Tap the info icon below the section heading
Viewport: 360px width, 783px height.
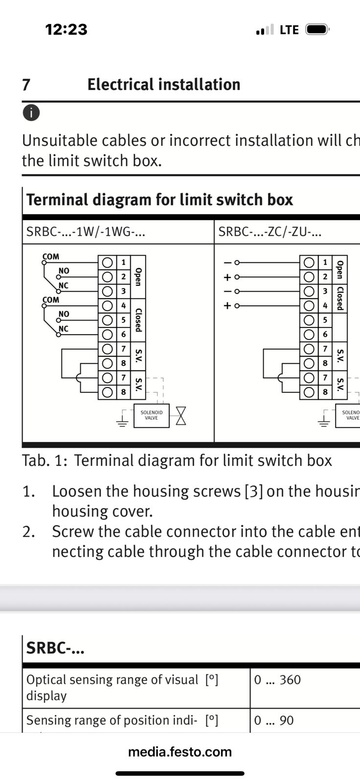(31, 113)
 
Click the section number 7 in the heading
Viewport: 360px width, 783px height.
(26, 85)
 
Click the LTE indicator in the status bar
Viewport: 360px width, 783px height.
(289, 30)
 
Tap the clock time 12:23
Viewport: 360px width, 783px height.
(67, 29)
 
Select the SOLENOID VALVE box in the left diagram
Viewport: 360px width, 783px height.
(152, 415)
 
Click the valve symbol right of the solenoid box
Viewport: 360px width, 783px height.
(181, 415)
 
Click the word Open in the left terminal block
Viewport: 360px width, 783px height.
(138, 277)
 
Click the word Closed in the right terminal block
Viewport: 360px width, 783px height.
(340, 298)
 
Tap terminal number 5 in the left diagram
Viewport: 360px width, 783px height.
(123, 320)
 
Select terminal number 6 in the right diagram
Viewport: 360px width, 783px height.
(325, 335)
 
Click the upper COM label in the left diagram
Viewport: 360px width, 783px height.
(51, 256)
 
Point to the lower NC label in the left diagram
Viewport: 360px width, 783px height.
(64, 328)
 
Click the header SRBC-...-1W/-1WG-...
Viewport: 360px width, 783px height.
(86, 231)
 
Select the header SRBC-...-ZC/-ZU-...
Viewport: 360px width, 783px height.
(270, 231)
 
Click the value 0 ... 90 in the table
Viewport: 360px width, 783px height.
(274, 720)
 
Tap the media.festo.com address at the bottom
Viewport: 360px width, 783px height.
(180, 752)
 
